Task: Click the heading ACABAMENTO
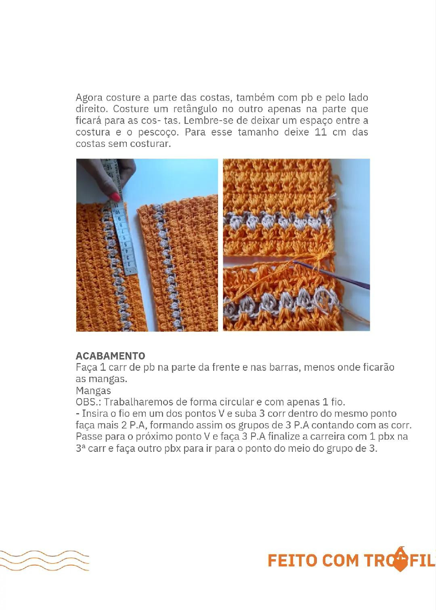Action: [x=110, y=356]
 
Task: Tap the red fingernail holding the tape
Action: [x=115, y=197]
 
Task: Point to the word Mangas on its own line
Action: [x=93, y=391]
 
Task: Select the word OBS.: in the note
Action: [x=88, y=402]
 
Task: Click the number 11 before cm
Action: [x=321, y=132]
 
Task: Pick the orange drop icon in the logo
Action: [x=400, y=559]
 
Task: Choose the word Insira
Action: [x=95, y=414]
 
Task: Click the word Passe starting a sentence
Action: [x=89, y=437]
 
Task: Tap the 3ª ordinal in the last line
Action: [x=80, y=448]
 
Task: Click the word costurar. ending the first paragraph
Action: [x=151, y=144]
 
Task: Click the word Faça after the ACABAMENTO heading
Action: [x=86, y=368]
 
